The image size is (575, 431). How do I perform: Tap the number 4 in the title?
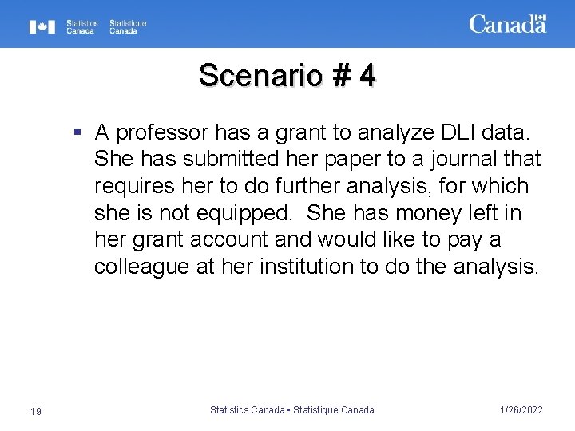click(367, 76)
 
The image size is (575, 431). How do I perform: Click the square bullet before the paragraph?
click(77, 129)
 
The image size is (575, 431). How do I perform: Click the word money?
click(437, 214)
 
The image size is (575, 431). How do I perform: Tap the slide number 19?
click(35, 410)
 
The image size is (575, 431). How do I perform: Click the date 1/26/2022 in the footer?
click(521, 410)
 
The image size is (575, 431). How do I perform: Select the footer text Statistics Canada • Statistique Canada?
click(291, 410)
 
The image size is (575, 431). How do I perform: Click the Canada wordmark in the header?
click(507, 24)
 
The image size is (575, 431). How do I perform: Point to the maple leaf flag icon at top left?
click(42, 27)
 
